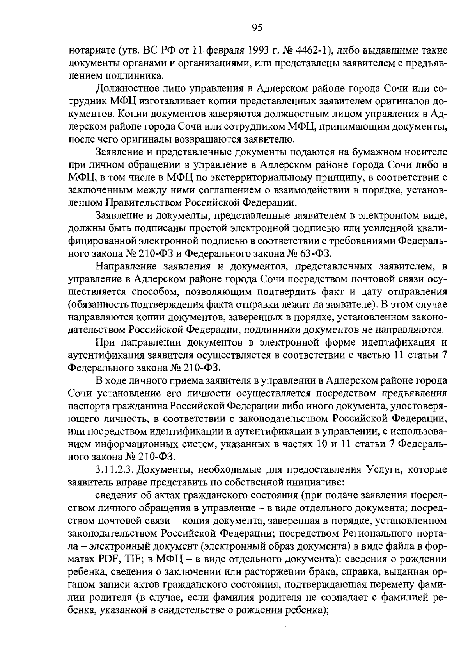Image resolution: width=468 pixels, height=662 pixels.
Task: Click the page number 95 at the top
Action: [x=257, y=27]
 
